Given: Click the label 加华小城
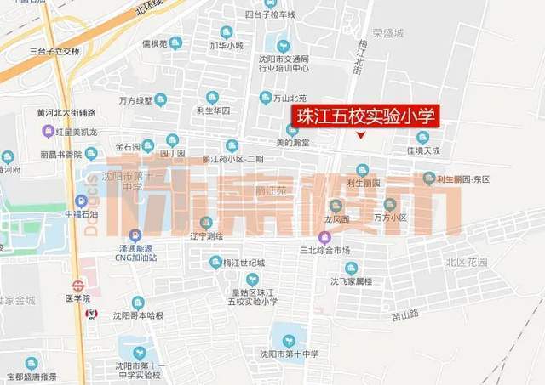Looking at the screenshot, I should click(227, 45).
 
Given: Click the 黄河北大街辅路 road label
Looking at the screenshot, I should click(66, 112).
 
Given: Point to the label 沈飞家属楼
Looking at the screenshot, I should click(351, 280).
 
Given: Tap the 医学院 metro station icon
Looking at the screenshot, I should click(77, 286).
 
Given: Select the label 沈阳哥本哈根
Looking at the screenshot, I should click(138, 315).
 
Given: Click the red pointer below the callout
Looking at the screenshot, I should click(361, 135).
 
